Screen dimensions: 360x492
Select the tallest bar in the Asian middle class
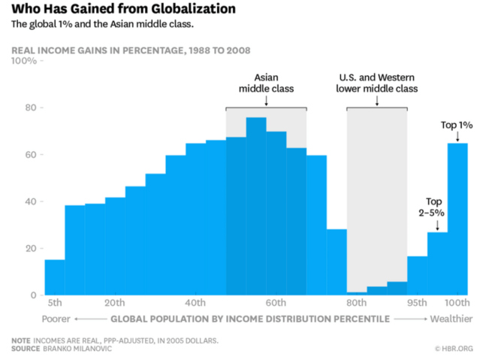click(x=256, y=207)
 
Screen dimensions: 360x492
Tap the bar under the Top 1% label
click(x=457, y=219)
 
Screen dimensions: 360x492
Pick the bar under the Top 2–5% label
click(x=437, y=263)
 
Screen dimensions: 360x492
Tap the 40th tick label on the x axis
click(x=195, y=303)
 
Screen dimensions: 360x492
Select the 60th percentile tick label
click(x=276, y=303)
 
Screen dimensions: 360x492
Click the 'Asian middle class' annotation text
click(x=267, y=82)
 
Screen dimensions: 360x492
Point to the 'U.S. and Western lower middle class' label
click(x=377, y=82)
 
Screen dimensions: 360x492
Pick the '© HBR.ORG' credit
click(x=454, y=349)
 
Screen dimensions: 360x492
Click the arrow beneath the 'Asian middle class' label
click(x=266, y=99)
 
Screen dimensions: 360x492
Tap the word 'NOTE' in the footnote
click(x=21, y=340)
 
